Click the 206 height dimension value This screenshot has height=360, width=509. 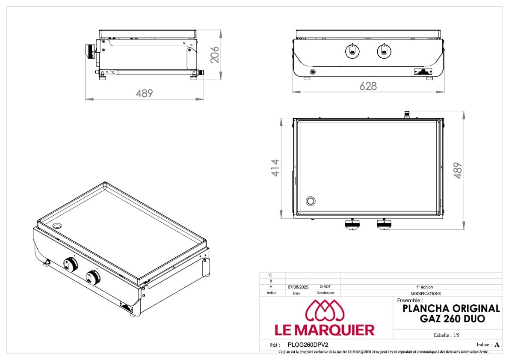coord(215,54)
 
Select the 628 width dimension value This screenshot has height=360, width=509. coord(368,86)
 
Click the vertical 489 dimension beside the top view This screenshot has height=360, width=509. coord(458,170)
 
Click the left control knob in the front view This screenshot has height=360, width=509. coord(352,51)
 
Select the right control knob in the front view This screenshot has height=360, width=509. coord(384,51)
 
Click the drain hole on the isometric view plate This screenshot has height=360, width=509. coord(57,226)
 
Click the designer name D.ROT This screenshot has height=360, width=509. coord(325,287)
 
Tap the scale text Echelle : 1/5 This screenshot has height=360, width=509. coord(447,335)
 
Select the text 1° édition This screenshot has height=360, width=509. coord(425,287)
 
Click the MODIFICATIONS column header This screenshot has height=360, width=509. coord(425,294)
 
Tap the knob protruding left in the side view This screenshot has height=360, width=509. coord(89,52)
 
